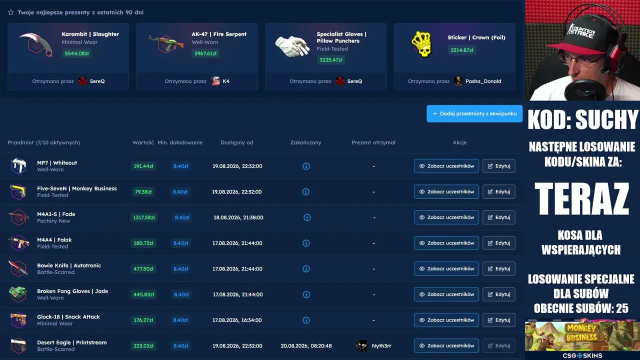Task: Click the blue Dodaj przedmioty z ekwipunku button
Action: [474, 113]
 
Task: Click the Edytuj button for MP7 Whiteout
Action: [499, 166]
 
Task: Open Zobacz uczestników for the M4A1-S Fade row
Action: [446, 217]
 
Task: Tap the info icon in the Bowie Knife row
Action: [306, 269]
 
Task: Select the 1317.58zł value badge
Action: [143, 217]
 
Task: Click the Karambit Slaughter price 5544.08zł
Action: [76, 53]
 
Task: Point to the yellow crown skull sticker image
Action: [421, 44]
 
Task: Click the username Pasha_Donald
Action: [483, 81]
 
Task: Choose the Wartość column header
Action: [143, 142]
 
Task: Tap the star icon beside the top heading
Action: [11, 12]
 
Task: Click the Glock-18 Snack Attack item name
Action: [68, 316]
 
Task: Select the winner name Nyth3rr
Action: [381, 345]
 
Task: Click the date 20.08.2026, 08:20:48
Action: [306, 345]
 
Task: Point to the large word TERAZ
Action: [581, 198]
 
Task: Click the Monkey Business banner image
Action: [582, 336]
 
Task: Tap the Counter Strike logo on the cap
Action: [581, 31]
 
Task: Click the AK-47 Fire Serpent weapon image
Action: [166, 44]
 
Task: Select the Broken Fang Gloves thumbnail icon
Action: [18, 293]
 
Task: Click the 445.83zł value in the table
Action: [143, 294]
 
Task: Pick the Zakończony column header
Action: [305, 142]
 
